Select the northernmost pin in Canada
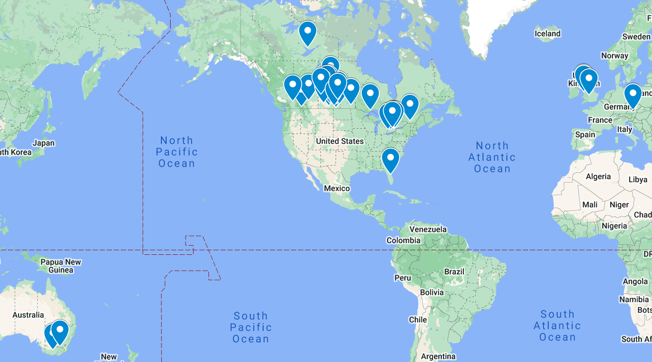pos(307,33)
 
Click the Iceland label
pos(548,34)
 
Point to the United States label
pos(340,141)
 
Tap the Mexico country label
pos(337,188)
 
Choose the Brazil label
pos(454,272)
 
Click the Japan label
pos(44,143)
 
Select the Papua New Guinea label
pos(61,266)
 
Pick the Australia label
pos(28,315)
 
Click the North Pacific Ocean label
pos(177,152)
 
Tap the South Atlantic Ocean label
pos(557,325)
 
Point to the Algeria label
pos(598,176)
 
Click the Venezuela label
pos(428,229)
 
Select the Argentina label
pos(438,356)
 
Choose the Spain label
pos(585,134)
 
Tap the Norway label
pos(615,56)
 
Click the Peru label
pos(402,278)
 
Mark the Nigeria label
pos(614,226)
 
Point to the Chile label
pos(417,320)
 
